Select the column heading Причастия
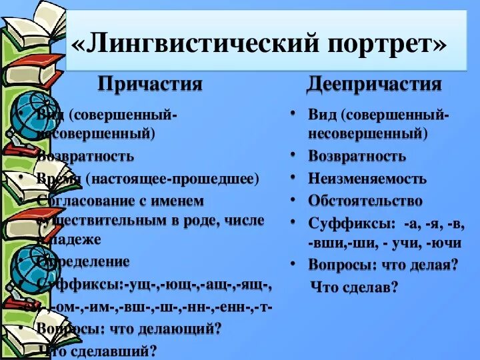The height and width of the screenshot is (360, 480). pyautogui.click(x=149, y=84)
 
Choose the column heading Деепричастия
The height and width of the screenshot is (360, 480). pyautogui.click(x=374, y=84)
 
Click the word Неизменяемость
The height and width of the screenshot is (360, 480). pyautogui.click(x=367, y=179)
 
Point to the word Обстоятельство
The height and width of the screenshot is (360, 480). pyautogui.click(x=365, y=201)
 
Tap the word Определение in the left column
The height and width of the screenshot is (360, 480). pyautogui.click(x=84, y=261)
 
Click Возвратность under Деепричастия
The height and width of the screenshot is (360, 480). pyautogui.click(x=357, y=157)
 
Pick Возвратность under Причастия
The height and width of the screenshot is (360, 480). pyautogui.click(x=86, y=157)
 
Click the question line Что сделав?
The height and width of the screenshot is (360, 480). pyautogui.click(x=354, y=287)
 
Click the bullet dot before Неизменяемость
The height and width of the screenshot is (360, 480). pyautogui.click(x=293, y=178)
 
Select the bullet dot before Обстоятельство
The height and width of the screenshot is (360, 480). pyautogui.click(x=293, y=200)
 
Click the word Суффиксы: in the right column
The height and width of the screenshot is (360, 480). pyautogui.click(x=343, y=223)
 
